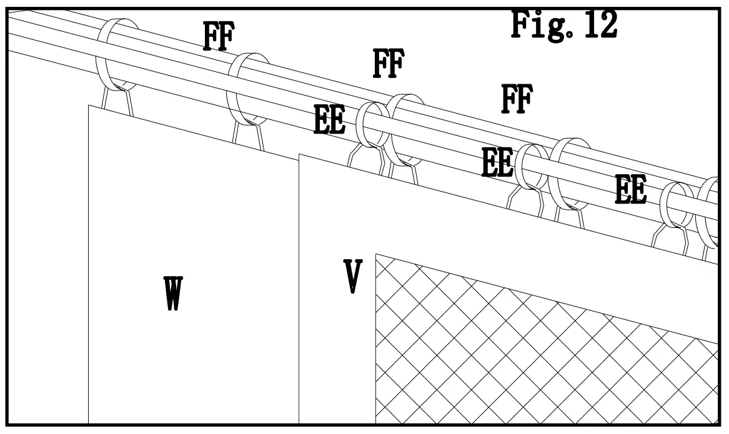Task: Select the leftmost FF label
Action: pos(218,36)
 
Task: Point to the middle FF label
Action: pos(388,63)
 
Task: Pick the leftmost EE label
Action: pos(329,120)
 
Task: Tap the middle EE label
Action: pos(497,162)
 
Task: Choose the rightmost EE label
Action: pos(630,190)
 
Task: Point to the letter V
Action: pos(353,277)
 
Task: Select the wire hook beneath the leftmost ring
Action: pos(118,101)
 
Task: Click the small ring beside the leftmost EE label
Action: pos(372,124)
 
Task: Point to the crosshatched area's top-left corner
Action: pos(376,254)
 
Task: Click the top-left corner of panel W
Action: pos(89,106)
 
